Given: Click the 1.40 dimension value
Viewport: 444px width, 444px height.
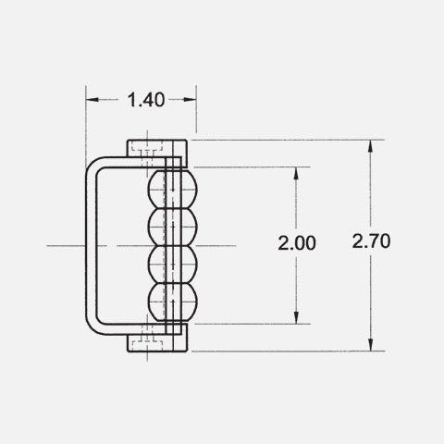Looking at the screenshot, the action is click(x=146, y=100).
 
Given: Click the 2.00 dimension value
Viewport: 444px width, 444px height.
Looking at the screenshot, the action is click(x=297, y=243).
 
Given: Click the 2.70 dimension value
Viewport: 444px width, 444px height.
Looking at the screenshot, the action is click(x=371, y=241).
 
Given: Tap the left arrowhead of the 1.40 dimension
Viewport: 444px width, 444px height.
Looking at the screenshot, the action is click(x=92, y=100).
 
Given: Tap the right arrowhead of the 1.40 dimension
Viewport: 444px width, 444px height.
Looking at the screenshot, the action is click(x=190, y=100).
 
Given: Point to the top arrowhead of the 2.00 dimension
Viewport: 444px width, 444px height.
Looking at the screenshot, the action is click(x=296, y=173).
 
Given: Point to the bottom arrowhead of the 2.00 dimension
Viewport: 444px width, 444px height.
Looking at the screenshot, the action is click(x=296, y=318).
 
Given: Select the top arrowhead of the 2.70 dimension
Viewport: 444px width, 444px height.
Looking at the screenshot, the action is click(x=371, y=146).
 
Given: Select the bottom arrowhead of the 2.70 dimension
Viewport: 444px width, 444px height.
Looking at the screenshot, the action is click(x=371, y=345).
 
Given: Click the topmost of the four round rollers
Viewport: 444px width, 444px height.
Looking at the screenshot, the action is click(x=173, y=189).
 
